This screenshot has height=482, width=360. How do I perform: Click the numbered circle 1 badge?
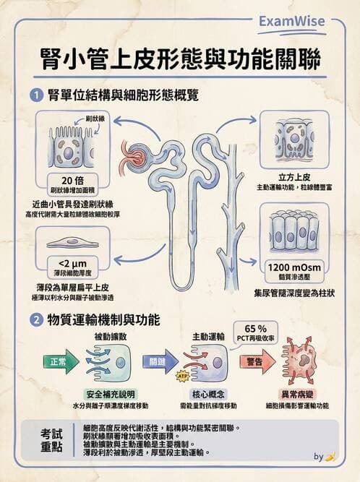(37, 95)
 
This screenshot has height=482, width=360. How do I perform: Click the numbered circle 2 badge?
(37, 319)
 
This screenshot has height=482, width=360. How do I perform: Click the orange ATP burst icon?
(183, 375)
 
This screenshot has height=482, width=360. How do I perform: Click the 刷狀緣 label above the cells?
(95, 118)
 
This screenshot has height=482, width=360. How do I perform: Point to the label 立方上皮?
(293, 176)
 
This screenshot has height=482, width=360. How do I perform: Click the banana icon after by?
(331, 457)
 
